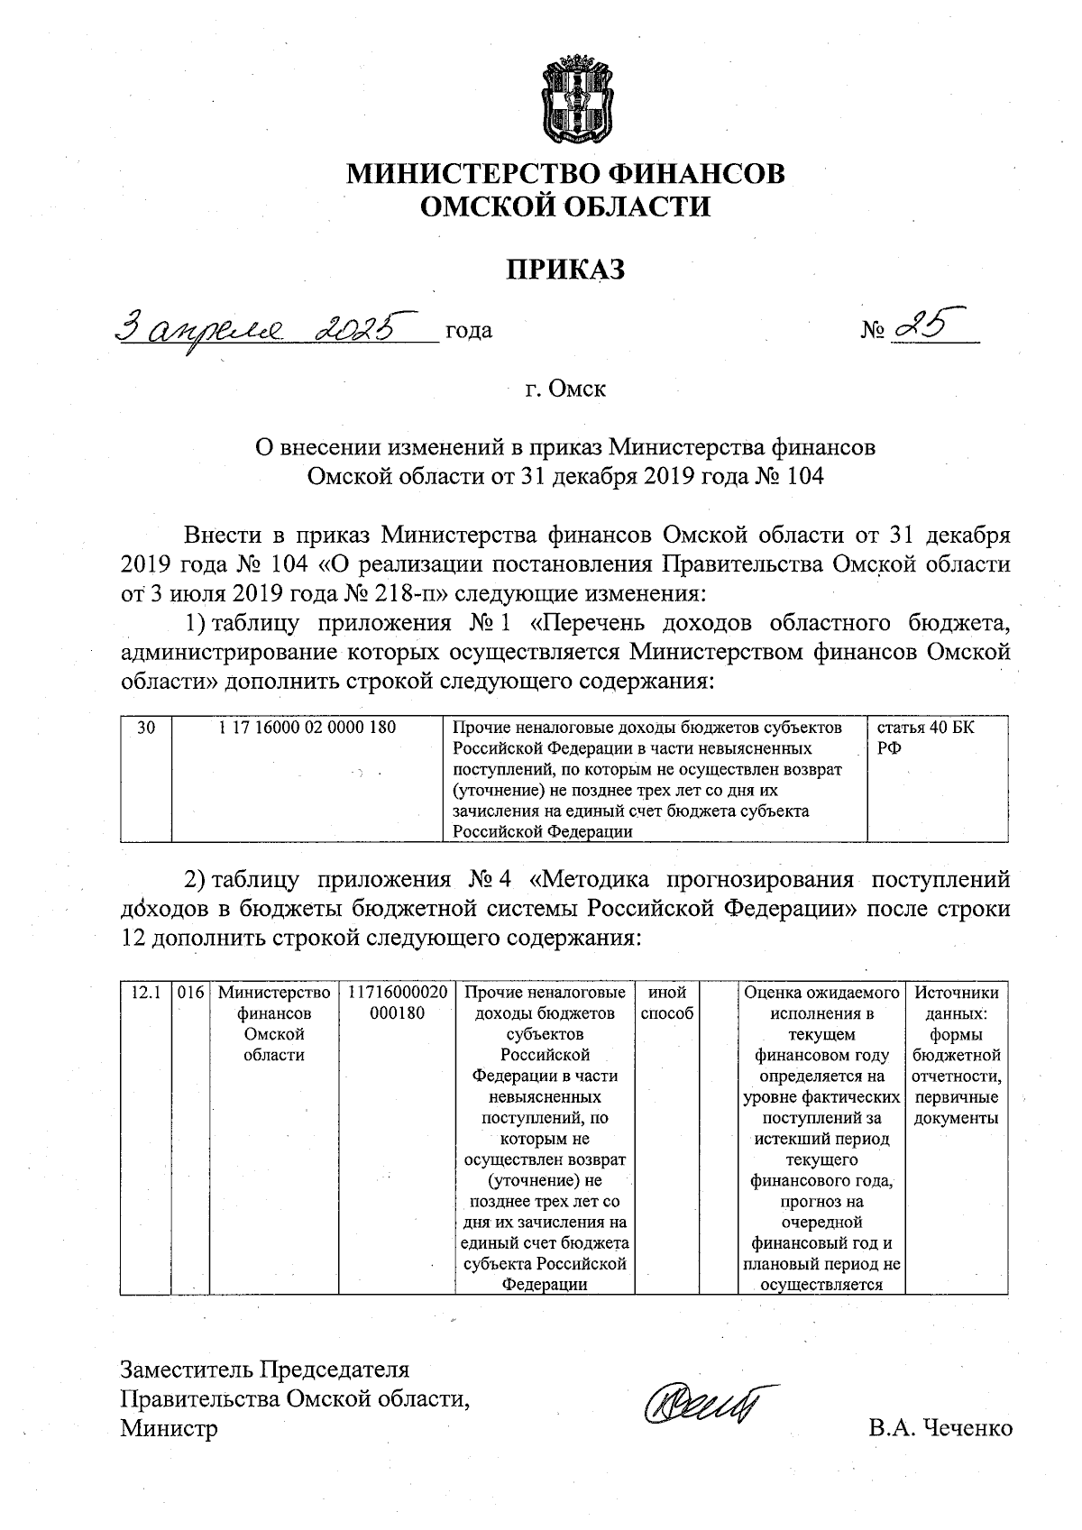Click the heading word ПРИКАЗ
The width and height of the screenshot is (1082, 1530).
coord(564,270)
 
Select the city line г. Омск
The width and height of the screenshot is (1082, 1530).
coord(565,389)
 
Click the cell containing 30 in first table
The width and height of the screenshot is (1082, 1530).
coord(146,728)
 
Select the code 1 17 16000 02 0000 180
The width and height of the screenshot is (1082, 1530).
coord(307,728)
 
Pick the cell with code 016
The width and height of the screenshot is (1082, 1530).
coord(190,994)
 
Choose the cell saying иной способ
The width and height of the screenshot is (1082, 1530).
coord(666,1003)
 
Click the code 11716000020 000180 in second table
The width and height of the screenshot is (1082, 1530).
coord(397,1003)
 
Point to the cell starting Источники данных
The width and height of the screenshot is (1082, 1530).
coord(956,1055)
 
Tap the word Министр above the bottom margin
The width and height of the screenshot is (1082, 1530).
coord(170,1429)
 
